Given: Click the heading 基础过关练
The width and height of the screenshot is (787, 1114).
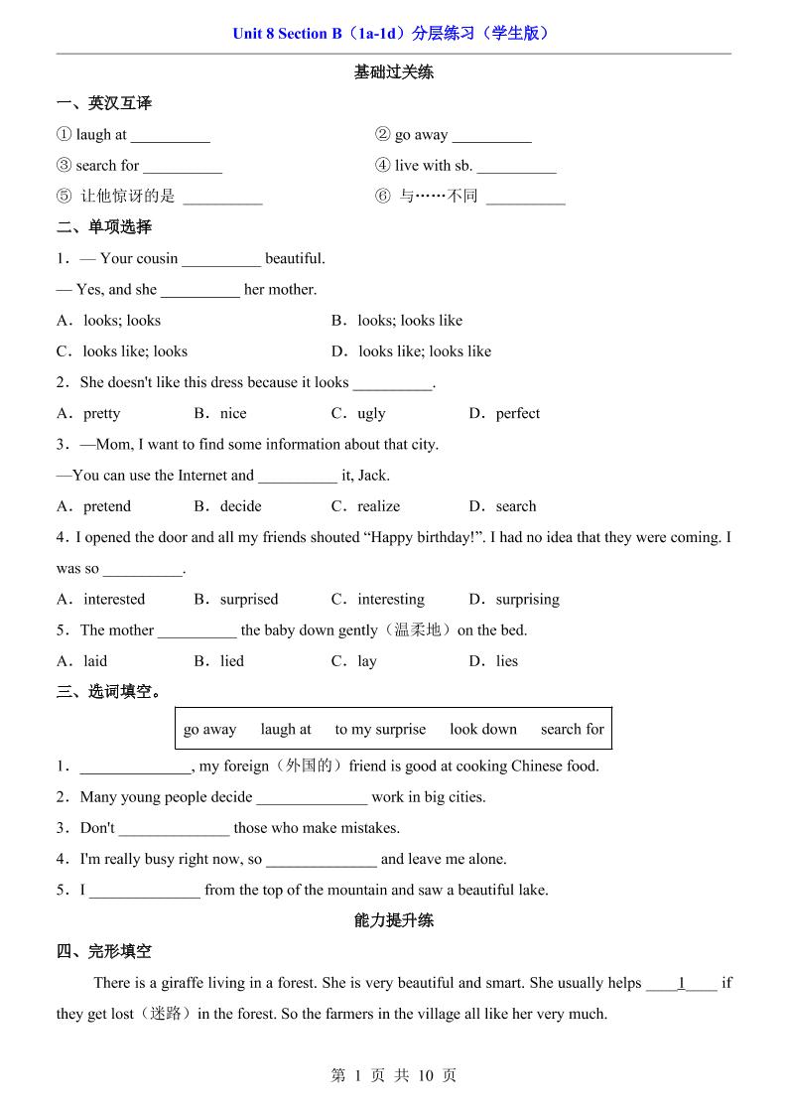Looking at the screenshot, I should [394, 72].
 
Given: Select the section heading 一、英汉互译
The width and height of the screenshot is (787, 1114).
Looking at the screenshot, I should [104, 103].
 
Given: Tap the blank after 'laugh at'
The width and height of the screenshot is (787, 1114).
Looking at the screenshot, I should [170, 137].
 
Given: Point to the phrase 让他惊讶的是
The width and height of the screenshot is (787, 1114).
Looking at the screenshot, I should [128, 197].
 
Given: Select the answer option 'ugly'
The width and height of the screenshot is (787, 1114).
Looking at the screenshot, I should [371, 414].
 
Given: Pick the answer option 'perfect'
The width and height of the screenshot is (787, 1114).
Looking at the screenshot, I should [517, 414].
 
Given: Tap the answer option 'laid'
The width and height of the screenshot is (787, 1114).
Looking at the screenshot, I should [95, 661].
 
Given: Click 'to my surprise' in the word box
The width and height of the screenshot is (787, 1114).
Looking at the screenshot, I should [380, 730].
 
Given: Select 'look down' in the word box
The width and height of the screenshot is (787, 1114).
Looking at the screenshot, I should [483, 730].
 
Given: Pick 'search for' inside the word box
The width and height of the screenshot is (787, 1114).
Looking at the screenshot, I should [572, 730].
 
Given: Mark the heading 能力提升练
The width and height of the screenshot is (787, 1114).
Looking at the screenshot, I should [394, 920].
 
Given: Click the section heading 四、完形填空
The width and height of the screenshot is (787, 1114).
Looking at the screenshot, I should [104, 952].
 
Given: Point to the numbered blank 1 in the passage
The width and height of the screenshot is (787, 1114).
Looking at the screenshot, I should [682, 984].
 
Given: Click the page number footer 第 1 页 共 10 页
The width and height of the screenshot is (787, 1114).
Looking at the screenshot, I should [393, 1075].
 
